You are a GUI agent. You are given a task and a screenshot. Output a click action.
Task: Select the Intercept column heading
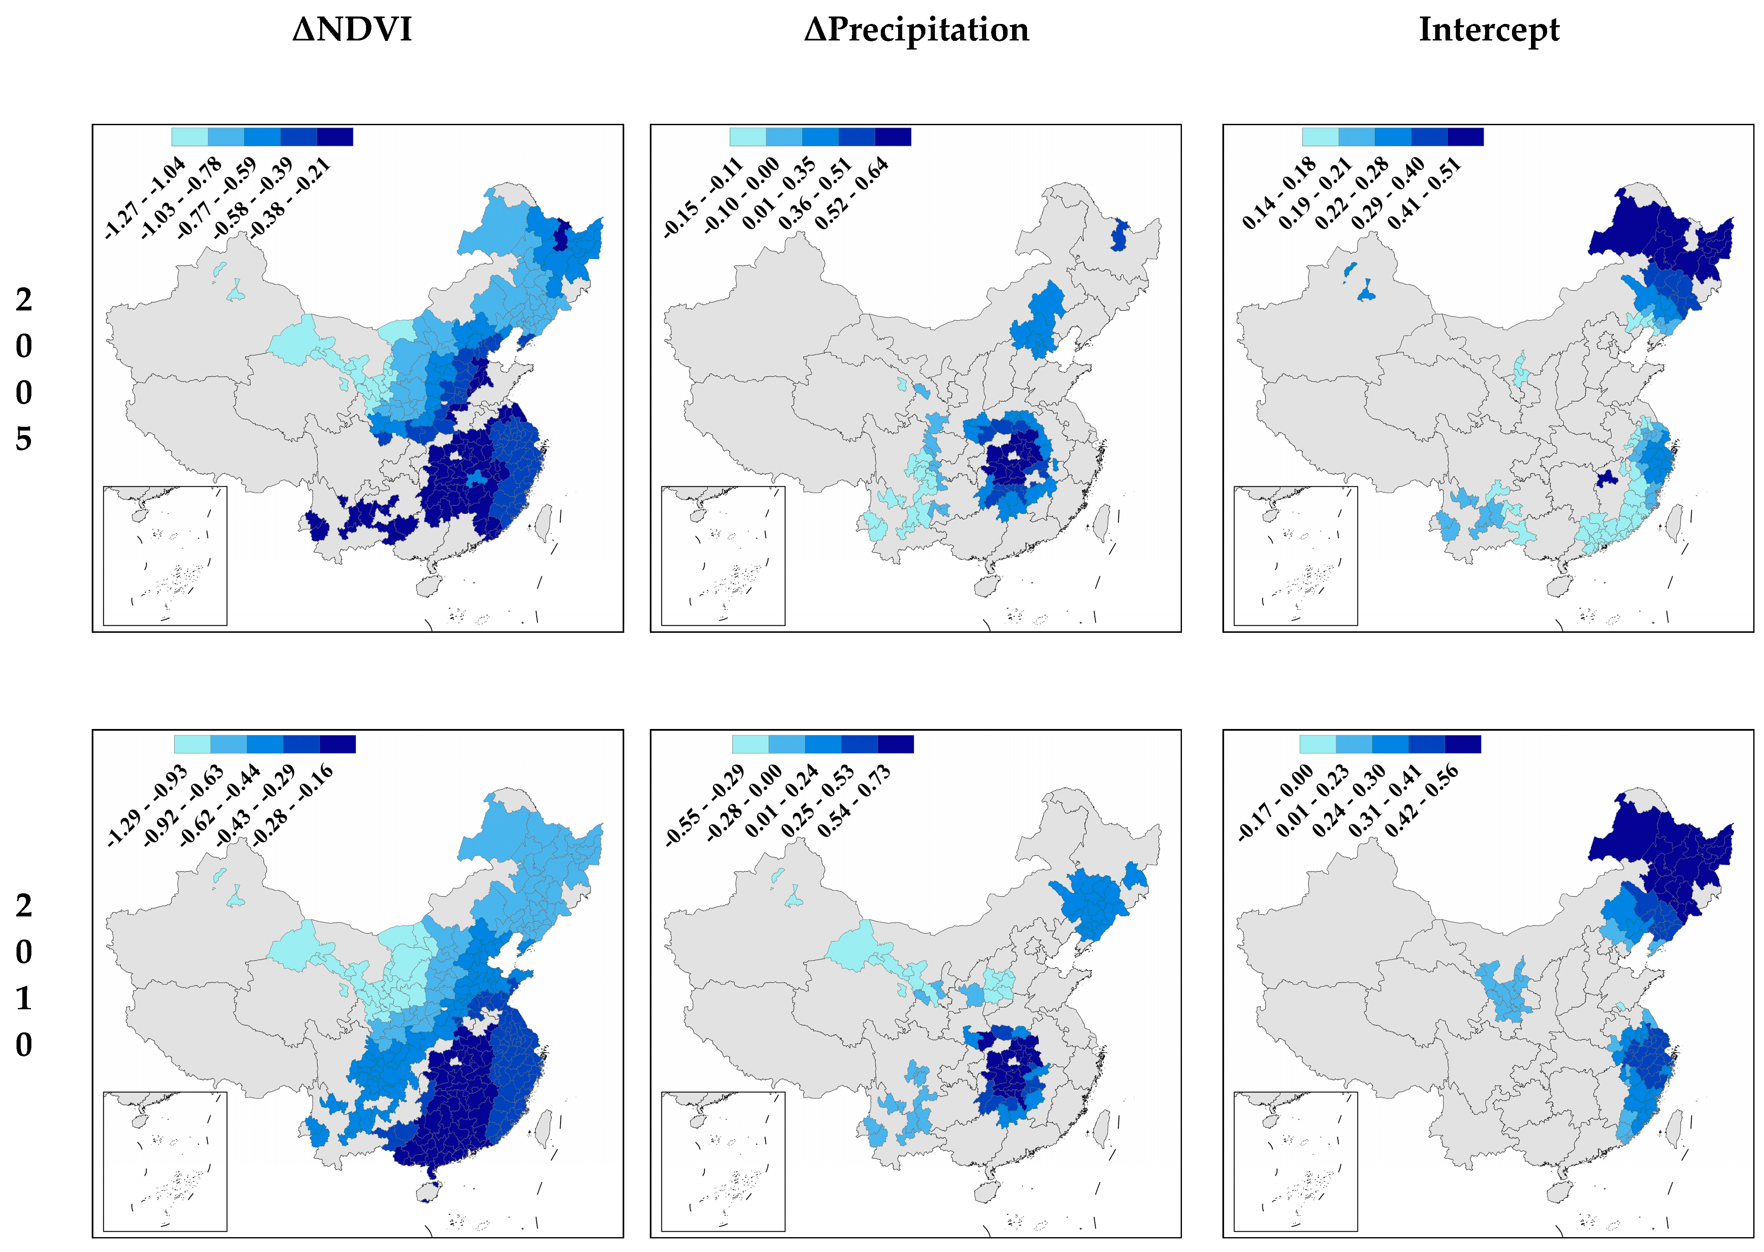pos(1488,30)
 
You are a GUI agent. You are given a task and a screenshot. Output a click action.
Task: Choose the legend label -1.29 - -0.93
pos(147,806)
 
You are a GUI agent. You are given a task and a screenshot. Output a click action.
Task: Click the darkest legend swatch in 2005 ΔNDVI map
pos(335,137)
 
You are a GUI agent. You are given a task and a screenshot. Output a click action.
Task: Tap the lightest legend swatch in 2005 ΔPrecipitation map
pos(747,137)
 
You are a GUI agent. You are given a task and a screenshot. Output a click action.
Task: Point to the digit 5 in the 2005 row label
pos(24,439)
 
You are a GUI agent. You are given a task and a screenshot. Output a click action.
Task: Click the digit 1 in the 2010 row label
pos(24,999)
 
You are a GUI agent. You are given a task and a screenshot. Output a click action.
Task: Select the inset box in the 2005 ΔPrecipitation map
pos(723,555)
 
